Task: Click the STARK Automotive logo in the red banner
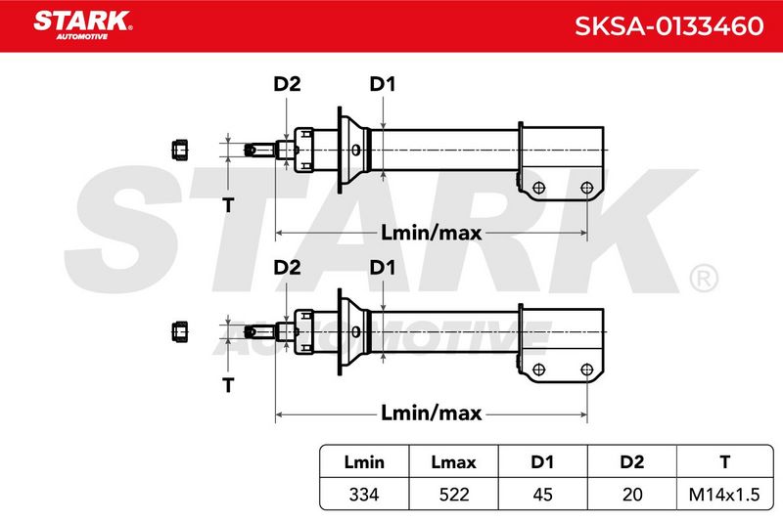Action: (x=82, y=24)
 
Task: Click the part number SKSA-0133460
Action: (x=668, y=26)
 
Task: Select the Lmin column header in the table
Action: (x=364, y=462)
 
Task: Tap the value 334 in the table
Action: (x=364, y=495)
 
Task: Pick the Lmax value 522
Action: (x=454, y=495)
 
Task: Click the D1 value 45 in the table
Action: (x=542, y=495)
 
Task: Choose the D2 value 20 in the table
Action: (x=632, y=495)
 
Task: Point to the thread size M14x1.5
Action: (x=724, y=495)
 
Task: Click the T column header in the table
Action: (x=724, y=462)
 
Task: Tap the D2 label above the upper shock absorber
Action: (x=287, y=84)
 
